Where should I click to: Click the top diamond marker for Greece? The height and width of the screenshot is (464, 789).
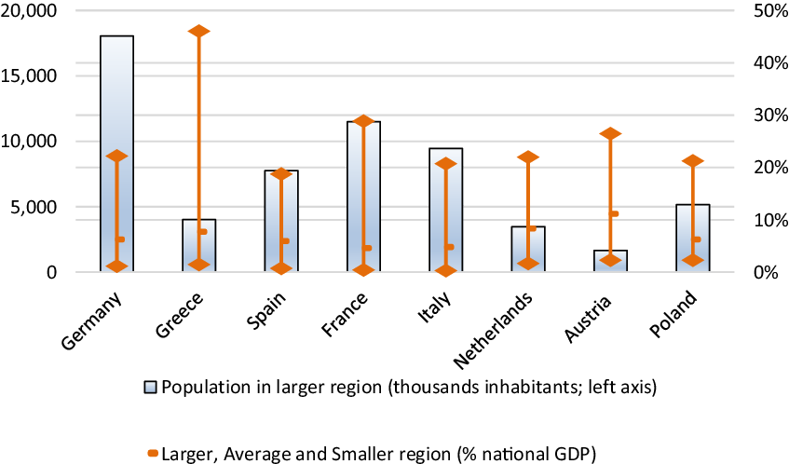[199, 32]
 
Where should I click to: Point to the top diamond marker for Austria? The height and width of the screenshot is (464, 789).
[610, 134]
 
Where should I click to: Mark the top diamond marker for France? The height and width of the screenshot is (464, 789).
[364, 121]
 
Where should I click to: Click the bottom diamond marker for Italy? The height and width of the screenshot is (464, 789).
[446, 270]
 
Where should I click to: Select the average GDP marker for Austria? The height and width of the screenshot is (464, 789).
[614, 213]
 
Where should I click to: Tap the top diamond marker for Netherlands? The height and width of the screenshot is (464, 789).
[528, 157]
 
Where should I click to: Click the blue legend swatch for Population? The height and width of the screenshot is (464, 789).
[150, 387]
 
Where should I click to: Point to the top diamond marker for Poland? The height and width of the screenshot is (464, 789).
[692, 162]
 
